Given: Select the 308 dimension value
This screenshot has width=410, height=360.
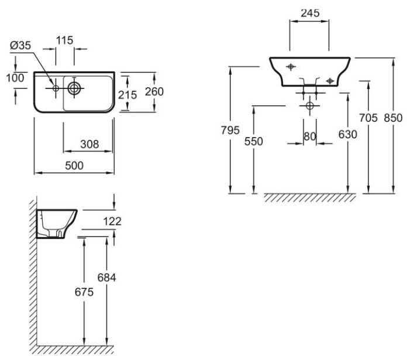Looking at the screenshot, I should pyautogui.click(x=88, y=144).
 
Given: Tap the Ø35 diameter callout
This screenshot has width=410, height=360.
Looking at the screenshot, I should pyautogui.click(x=20, y=46).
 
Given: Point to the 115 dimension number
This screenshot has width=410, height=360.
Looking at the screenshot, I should pyautogui.click(x=64, y=40).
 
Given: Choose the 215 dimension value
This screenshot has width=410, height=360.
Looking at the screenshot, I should pyautogui.click(x=127, y=94).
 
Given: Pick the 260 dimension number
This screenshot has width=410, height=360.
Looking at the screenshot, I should pyautogui.click(x=154, y=91).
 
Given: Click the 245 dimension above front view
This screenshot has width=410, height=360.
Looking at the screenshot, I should pyautogui.click(x=309, y=11).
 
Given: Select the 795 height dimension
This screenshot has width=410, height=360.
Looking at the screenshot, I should pyautogui.click(x=231, y=131).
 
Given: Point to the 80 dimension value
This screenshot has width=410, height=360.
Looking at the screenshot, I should pyautogui.click(x=310, y=136).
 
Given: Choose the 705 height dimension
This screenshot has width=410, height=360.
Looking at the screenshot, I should pyautogui.click(x=368, y=118).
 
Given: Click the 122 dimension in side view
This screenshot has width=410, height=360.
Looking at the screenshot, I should pyautogui.click(x=114, y=221).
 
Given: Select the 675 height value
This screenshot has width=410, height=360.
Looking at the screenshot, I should pyautogui.click(x=85, y=292).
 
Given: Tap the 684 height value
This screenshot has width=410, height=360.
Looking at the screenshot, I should pyautogui.click(x=107, y=278).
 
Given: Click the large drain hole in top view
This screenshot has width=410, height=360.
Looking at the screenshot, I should pyautogui.click(x=74, y=88).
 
